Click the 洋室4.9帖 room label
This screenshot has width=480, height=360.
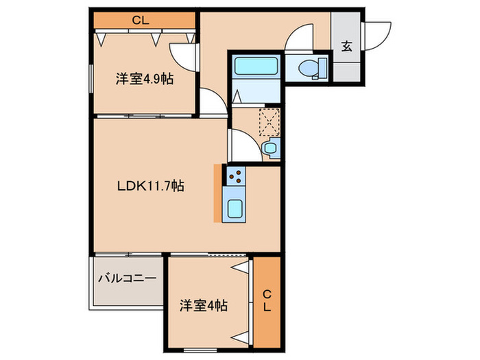click(x=143, y=80)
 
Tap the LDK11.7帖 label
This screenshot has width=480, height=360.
click(x=148, y=185)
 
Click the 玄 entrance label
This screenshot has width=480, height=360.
click(x=347, y=47)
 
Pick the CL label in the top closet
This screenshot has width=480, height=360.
click(x=141, y=21)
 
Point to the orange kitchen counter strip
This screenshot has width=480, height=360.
click(x=217, y=193)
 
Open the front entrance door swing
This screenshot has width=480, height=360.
click(x=378, y=36)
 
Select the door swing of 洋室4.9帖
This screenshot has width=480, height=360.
click(x=183, y=53)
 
